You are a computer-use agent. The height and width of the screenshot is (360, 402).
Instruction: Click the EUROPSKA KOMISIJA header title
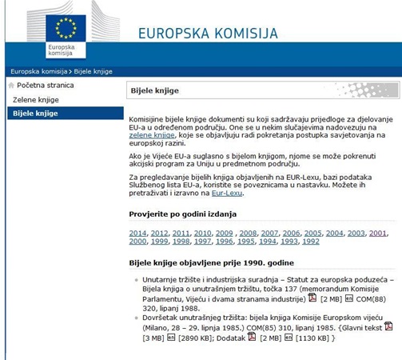click(x=208, y=33)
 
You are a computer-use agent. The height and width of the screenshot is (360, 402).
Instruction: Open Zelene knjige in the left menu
click(x=36, y=99)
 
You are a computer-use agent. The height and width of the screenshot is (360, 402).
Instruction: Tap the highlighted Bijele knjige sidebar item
click(x=35, y=114)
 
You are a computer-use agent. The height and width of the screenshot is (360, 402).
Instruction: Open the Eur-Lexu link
click(x=227, y=193)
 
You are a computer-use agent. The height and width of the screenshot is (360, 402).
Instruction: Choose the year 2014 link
click(x=137, y=233)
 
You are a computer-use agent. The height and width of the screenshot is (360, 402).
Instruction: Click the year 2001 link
click(x=378, y=233)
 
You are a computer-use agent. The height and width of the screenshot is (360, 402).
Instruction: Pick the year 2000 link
click(x=137, y=241)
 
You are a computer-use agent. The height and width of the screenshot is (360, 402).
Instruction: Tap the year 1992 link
click(x=310, y=241)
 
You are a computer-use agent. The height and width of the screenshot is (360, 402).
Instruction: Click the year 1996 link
click(x=224, y=241)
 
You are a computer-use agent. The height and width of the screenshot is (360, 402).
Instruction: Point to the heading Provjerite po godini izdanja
click(x=182, y=214)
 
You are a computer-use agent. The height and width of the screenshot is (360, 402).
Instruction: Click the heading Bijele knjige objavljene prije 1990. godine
click(x=212, y=262)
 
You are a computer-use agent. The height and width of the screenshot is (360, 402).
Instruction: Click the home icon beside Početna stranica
click(x=11, y=85)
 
